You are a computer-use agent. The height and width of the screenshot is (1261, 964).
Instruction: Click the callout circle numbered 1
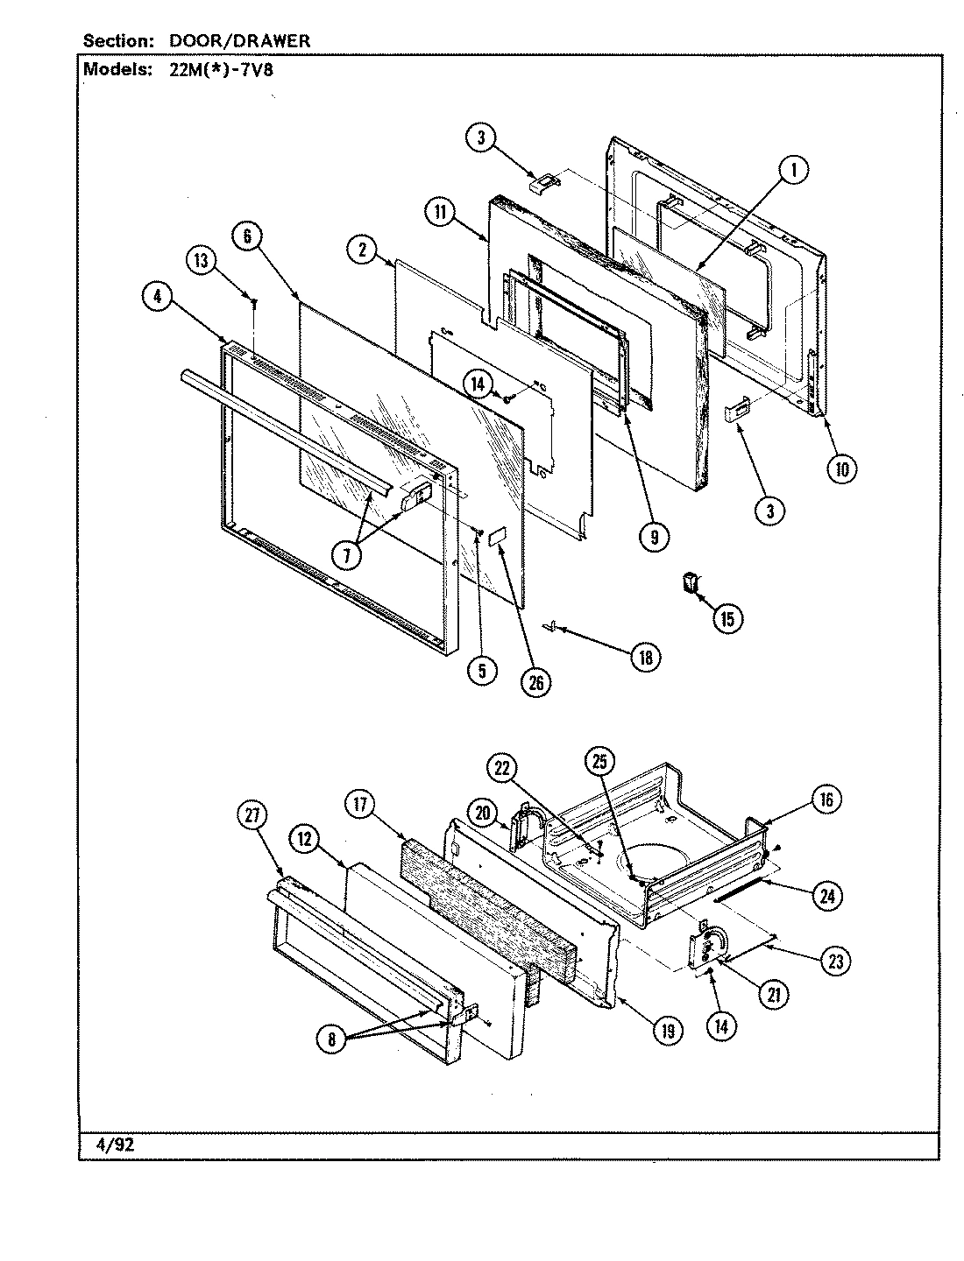(793, 172)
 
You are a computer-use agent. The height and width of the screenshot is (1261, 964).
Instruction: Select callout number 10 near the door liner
(841, 469)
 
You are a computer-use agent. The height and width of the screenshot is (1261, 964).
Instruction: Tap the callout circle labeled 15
(727, 618)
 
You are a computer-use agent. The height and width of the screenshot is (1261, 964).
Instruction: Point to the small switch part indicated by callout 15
(691, 581)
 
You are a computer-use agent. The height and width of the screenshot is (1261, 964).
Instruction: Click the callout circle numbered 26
(535, 683)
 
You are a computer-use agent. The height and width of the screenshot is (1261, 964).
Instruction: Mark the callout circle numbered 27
(253, 814)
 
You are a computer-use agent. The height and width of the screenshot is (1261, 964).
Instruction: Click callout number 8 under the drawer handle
(333, 1039)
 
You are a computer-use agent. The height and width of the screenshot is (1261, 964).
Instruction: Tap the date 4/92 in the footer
(115, 1145)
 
